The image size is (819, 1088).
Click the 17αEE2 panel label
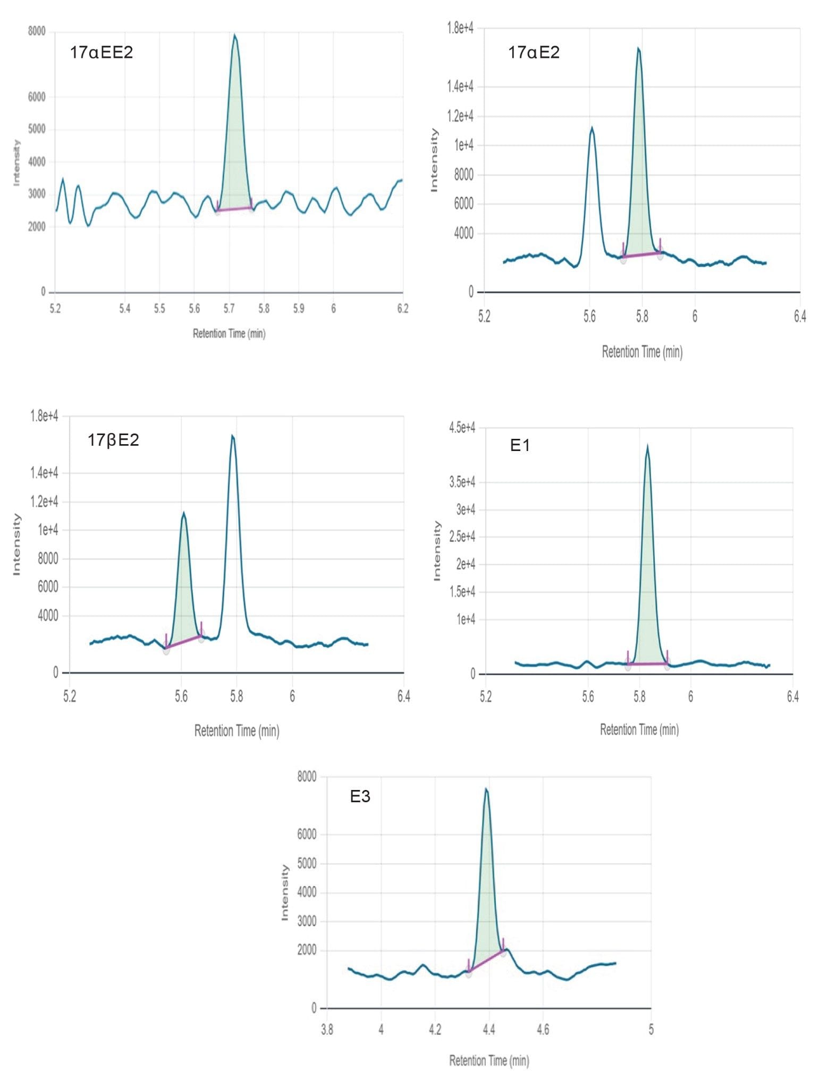(x=101, y=52)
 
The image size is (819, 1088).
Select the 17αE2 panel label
(x=534, y=52)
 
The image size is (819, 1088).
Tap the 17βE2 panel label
(x=113, y=440)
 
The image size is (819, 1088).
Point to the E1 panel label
(x=519, y=445)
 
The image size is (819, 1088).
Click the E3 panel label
(x=360, y=796)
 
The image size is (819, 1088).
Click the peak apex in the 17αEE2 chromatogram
(x=234, y=36)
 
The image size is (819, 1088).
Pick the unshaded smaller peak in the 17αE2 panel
(x=592, y=128)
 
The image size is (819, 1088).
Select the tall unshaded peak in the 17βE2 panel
(x=232, y=436)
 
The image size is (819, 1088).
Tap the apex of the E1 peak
(x=647, y=446)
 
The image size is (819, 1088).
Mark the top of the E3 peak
(x=486, y=789)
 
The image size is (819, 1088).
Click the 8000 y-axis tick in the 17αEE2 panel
(x=37, y=31)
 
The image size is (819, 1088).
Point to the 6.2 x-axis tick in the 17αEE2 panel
(x=402, y=309)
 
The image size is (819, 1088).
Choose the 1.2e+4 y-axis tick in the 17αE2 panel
(x=460, y=116)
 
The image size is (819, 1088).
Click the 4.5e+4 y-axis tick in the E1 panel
(x=462, y=428)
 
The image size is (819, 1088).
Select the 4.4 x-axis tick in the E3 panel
(x=488, y=1030)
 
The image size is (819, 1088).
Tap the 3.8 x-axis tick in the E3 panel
(x=327, y=1030)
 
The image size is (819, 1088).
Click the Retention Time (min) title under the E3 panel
(x=488, y=1061)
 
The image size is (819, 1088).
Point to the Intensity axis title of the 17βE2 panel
(x=16, y=544)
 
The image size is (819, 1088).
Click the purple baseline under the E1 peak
(x=647, y=664)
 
